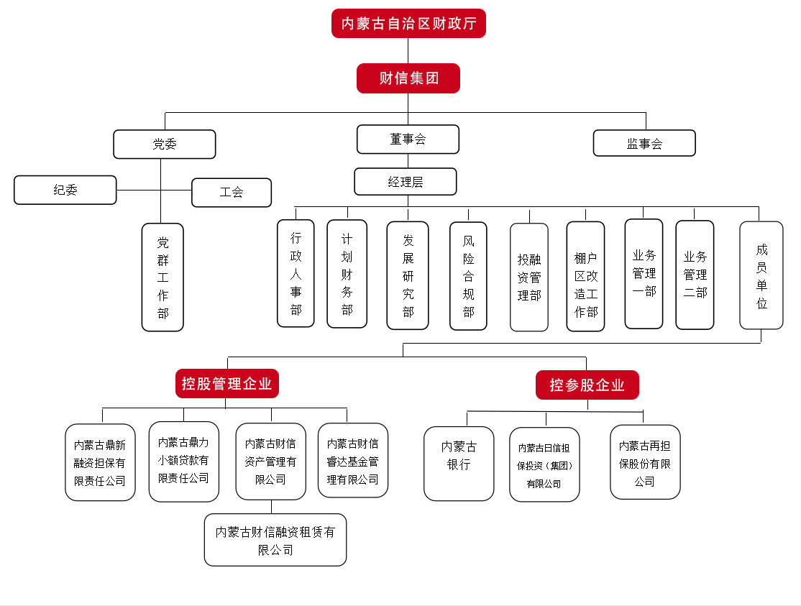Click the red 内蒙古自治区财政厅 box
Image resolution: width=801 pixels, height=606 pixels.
pyautogui.click(x=408, y=24)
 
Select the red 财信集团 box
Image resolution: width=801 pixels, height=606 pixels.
pyautogui.click(x=408, y=78)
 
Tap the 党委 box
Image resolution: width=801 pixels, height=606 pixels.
pyautogui.click(x=165, y=144)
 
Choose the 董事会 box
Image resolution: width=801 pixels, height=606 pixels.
pyautogui.click(x=408, y=139)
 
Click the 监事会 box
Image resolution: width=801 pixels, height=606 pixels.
pyautogui.click(x=644, y=143)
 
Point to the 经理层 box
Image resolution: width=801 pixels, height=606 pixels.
pyautogui.click(x=406, y=182)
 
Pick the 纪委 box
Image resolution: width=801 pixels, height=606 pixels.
pyautogui.click(x=65, y=190)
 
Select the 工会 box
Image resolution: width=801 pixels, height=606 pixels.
pyautogui.click(x=232, y=193)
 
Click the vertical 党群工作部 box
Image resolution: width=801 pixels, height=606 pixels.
pyautogui.click(x=163, y=277)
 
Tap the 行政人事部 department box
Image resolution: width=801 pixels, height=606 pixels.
pyautogui.click(x=296, y=274)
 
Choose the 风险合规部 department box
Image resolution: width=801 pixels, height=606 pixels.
pyautogui.click(x=468, y=276)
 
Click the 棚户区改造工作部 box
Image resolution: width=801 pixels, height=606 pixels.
pyautogui.click(x=585, y=277)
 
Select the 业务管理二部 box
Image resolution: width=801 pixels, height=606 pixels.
pyautogui.click(x=695, y=275)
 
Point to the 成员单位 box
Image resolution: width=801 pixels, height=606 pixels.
pyautogui.click(x=761, y=275)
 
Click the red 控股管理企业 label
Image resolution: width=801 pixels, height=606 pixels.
pyautogui.click(x=227, y=384)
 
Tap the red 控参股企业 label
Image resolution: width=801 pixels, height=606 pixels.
pyautogui.click(x=587, y=385)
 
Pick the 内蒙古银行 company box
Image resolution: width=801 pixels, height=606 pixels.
pyautogui.click(x=459, y=464)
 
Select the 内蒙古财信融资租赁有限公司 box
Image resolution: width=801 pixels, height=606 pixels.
pyautogui.click(x=275, y=541)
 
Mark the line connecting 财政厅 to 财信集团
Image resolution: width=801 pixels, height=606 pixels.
pyautogui.click(x=408, y=51)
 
